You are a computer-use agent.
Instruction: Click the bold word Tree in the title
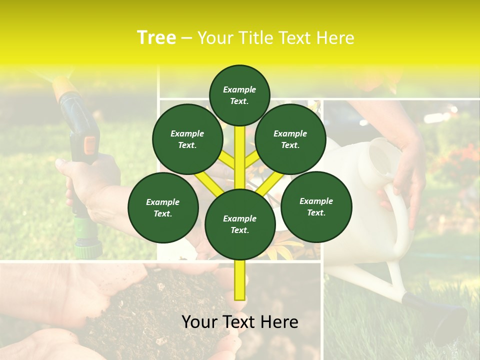click(156, 38)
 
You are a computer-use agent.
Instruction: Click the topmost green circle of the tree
click(239, 95)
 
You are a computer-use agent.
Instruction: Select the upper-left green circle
click(187, 139)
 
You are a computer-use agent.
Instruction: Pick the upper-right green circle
click(290, 139)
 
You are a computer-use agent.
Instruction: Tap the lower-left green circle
click(163, 208)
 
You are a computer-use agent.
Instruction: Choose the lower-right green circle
click(316, 207)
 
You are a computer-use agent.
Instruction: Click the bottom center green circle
click(240, 224)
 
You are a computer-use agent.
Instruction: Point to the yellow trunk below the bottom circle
click(240, 280)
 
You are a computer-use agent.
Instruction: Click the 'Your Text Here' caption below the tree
click(240, 322)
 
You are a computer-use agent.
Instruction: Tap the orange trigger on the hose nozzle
click(90, 145)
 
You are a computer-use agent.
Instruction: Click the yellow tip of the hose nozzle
click(65, 87)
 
